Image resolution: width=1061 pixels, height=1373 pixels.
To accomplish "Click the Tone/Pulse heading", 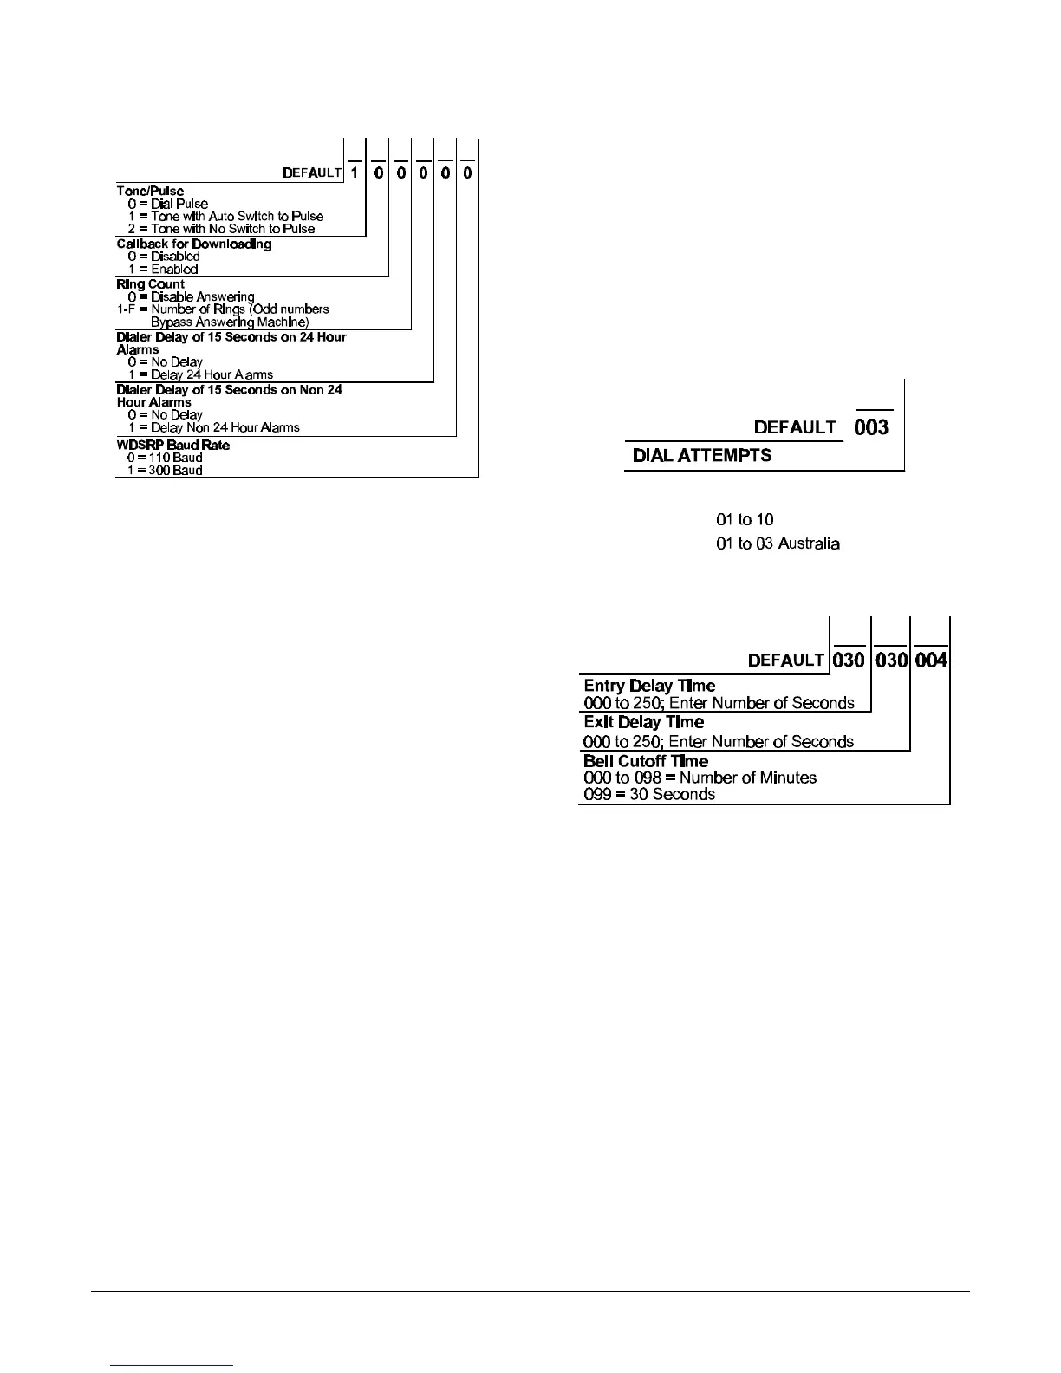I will pyautogui.click(x=150, y=191).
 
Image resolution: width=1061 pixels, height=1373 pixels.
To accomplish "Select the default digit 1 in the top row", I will pyautogui.click(x=355, y=172).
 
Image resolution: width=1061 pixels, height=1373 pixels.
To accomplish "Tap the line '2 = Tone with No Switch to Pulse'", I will pyautogui.click(x=221, y=229).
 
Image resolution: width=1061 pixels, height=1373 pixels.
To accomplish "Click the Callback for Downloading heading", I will pyautogui.click(x=194, y=244).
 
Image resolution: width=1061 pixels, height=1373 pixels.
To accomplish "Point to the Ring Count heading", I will pyautogui.click(x=151, y=283).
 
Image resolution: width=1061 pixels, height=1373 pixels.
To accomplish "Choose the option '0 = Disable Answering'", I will pyautogui.click(x=191, y=296).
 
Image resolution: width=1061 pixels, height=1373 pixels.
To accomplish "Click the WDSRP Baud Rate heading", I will pyautogui.click(x=173, y=445).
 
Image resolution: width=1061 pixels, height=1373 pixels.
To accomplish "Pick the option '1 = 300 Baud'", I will pyautogui.click(x=165, y=470).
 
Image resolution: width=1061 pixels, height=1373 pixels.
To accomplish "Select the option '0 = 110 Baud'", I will pyautogui.click(x=165, y=457).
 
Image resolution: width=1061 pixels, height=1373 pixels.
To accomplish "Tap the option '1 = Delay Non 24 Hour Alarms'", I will pyautogui.click(x=213, y=426).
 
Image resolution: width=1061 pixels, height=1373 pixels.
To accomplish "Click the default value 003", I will pyautogui.click(x=871, y=426).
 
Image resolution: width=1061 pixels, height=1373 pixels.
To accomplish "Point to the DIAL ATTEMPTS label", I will pyautogui.click(x=702, y=455).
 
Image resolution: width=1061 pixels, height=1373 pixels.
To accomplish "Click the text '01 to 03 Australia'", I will pyautogui.click(x=778, y=543).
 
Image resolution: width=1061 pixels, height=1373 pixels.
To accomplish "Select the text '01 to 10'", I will pyautogui.click(x=745, y=519).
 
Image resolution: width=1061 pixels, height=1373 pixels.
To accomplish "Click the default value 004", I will pyautogui.click(x=931, y=660).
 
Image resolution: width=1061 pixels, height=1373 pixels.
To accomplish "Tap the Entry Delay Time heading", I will pyautogui.click(x=649, y=686).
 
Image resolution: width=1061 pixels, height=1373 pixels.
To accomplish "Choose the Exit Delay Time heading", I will pyautogui.click(x=643, y=722).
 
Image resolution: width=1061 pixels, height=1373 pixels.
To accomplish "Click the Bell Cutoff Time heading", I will pyautogui.click(x=646, y=761).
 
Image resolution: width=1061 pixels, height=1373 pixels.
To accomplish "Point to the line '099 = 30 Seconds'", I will pyautogui.click(x=649, y=794).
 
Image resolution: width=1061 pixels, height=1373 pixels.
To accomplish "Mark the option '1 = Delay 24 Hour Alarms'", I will pyautogui.click(x=200, y=374).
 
